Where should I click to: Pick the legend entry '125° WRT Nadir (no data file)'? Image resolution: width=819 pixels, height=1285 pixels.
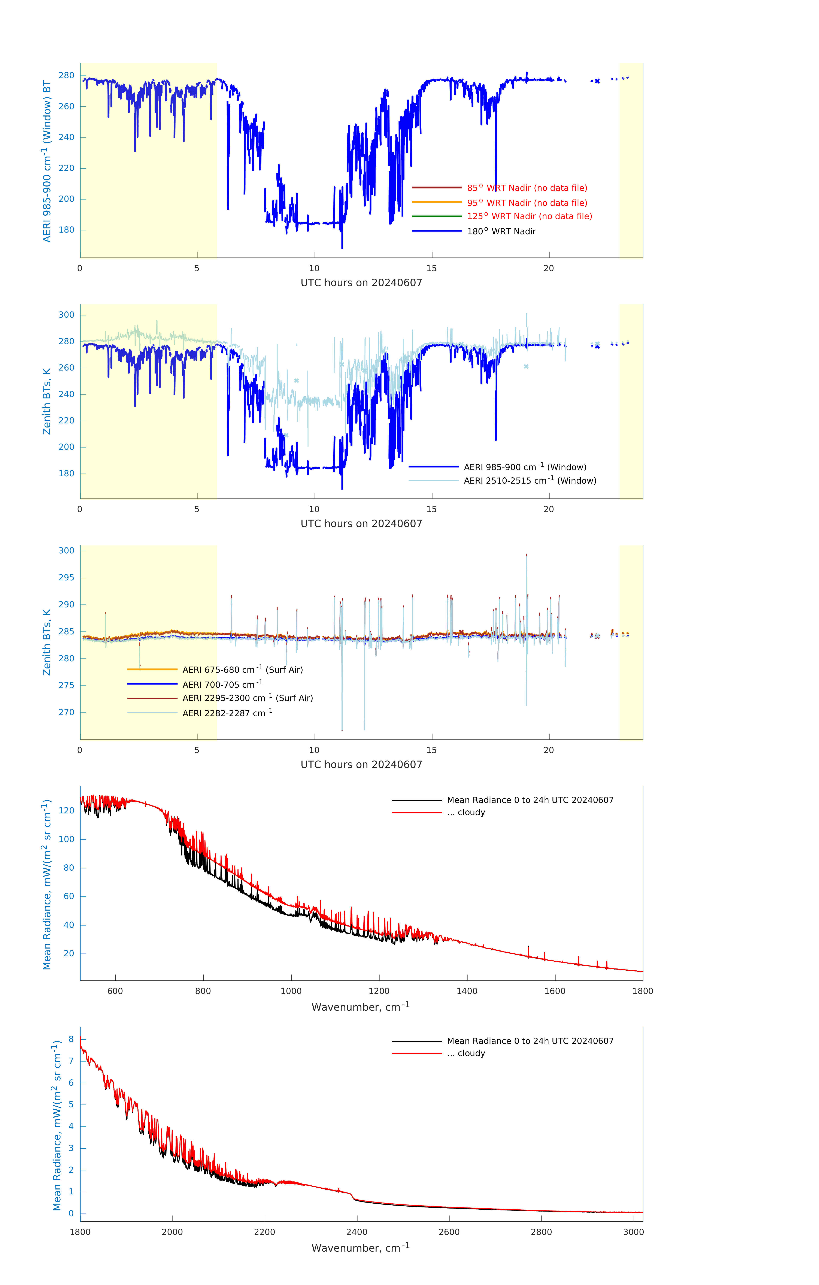pos(529,216)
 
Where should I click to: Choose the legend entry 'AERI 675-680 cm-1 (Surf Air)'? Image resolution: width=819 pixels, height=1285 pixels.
pos(242,670)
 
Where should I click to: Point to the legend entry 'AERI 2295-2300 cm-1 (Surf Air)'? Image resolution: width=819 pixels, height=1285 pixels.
pos(248,698)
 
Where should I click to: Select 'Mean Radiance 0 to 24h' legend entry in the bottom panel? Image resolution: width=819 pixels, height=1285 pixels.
pos(530,1041)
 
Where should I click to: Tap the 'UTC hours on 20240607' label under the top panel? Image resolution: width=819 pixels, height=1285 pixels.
pos(361,283)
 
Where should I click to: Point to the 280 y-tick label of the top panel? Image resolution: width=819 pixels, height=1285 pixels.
pos(67,75)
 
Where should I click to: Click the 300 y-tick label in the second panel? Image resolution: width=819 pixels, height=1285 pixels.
pos(67,315)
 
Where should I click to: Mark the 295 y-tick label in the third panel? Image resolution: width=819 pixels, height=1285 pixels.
pos(67,577)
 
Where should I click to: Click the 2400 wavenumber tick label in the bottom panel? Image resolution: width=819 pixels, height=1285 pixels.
pos(357,1232)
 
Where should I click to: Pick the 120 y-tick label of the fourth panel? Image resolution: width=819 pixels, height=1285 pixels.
pos(67,811)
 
